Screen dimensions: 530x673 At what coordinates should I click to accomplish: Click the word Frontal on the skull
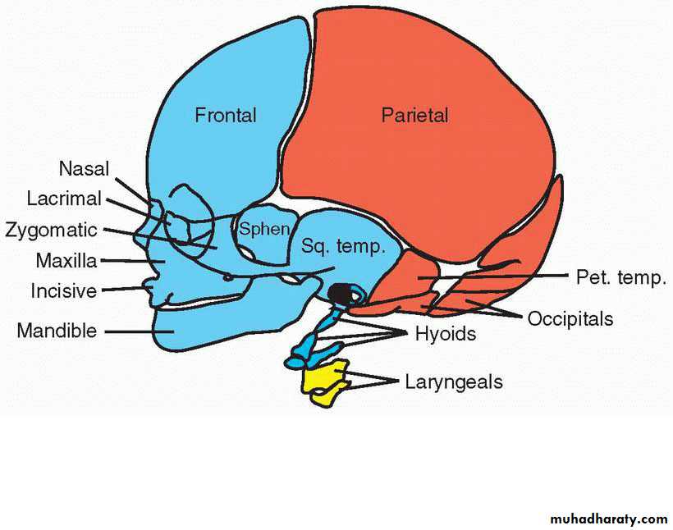point(225,116)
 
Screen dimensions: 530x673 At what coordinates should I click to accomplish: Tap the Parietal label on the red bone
point(414,116)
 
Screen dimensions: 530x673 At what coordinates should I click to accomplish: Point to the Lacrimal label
point(64,199)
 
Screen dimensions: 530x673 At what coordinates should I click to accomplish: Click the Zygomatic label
point(51,230)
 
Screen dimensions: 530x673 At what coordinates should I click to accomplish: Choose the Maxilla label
point(66,261)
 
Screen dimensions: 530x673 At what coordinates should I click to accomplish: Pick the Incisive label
point(64,291)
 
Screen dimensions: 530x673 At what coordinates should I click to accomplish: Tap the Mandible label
point(57,331)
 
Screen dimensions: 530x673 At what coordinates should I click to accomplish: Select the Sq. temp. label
point(343,246)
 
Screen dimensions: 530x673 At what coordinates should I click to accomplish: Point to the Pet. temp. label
point(620,277)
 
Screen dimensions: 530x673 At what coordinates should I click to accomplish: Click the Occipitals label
point(570,318)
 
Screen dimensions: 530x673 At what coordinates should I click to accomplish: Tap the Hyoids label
point(445,334)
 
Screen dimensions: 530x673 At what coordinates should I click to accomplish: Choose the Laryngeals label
point(453,382)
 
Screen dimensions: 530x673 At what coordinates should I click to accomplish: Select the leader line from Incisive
point(123,289)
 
